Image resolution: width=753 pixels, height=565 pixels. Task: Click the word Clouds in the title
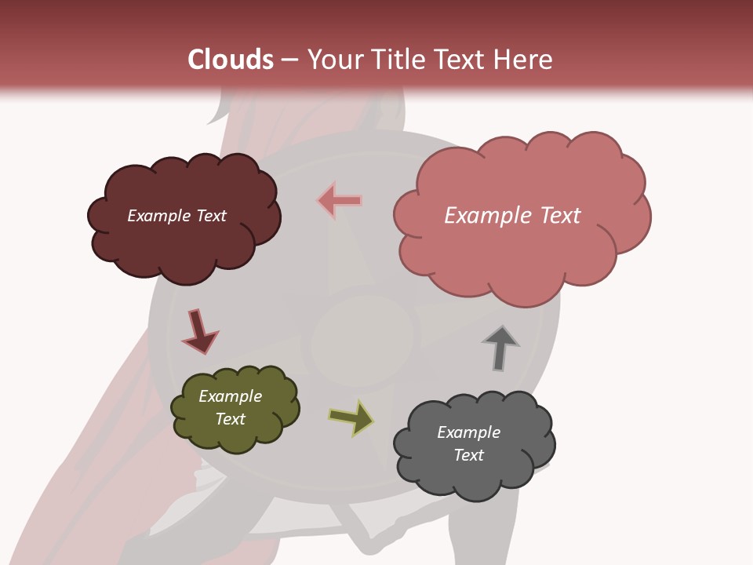tap(231, 60)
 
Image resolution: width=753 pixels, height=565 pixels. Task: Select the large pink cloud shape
tap(518, 259)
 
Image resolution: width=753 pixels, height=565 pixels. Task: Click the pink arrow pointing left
tap(340, 201)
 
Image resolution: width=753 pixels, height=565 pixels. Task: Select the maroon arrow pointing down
tap(199, 331)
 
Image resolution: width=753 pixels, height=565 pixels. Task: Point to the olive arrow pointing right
tap(351, 417)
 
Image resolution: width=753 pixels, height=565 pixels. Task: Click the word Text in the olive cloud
tap(231, 419)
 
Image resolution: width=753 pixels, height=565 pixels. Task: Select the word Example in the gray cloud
tap(468, 432)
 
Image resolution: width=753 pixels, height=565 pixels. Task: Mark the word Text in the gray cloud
tap(468, 455)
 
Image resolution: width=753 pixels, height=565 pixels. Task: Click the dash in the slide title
tap(289, 60)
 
